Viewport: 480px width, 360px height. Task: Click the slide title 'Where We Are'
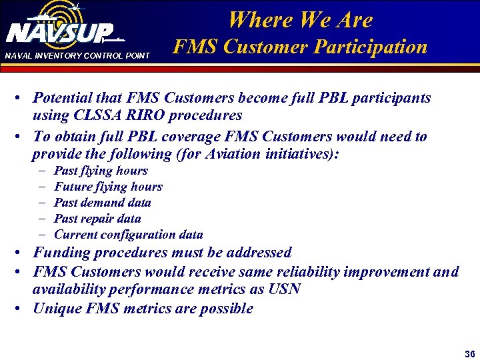(300, 20)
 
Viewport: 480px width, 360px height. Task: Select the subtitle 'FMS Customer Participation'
(300, 47)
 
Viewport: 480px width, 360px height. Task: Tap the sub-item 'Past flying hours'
(101, 171)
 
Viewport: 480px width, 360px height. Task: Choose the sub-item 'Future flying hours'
(108, 187)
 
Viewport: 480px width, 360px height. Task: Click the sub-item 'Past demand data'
(102, 203)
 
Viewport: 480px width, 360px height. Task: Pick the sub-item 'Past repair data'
(97, 219)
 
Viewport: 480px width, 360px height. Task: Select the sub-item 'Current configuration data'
(128, 235)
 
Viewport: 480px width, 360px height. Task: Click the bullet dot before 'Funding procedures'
(23, 253)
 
